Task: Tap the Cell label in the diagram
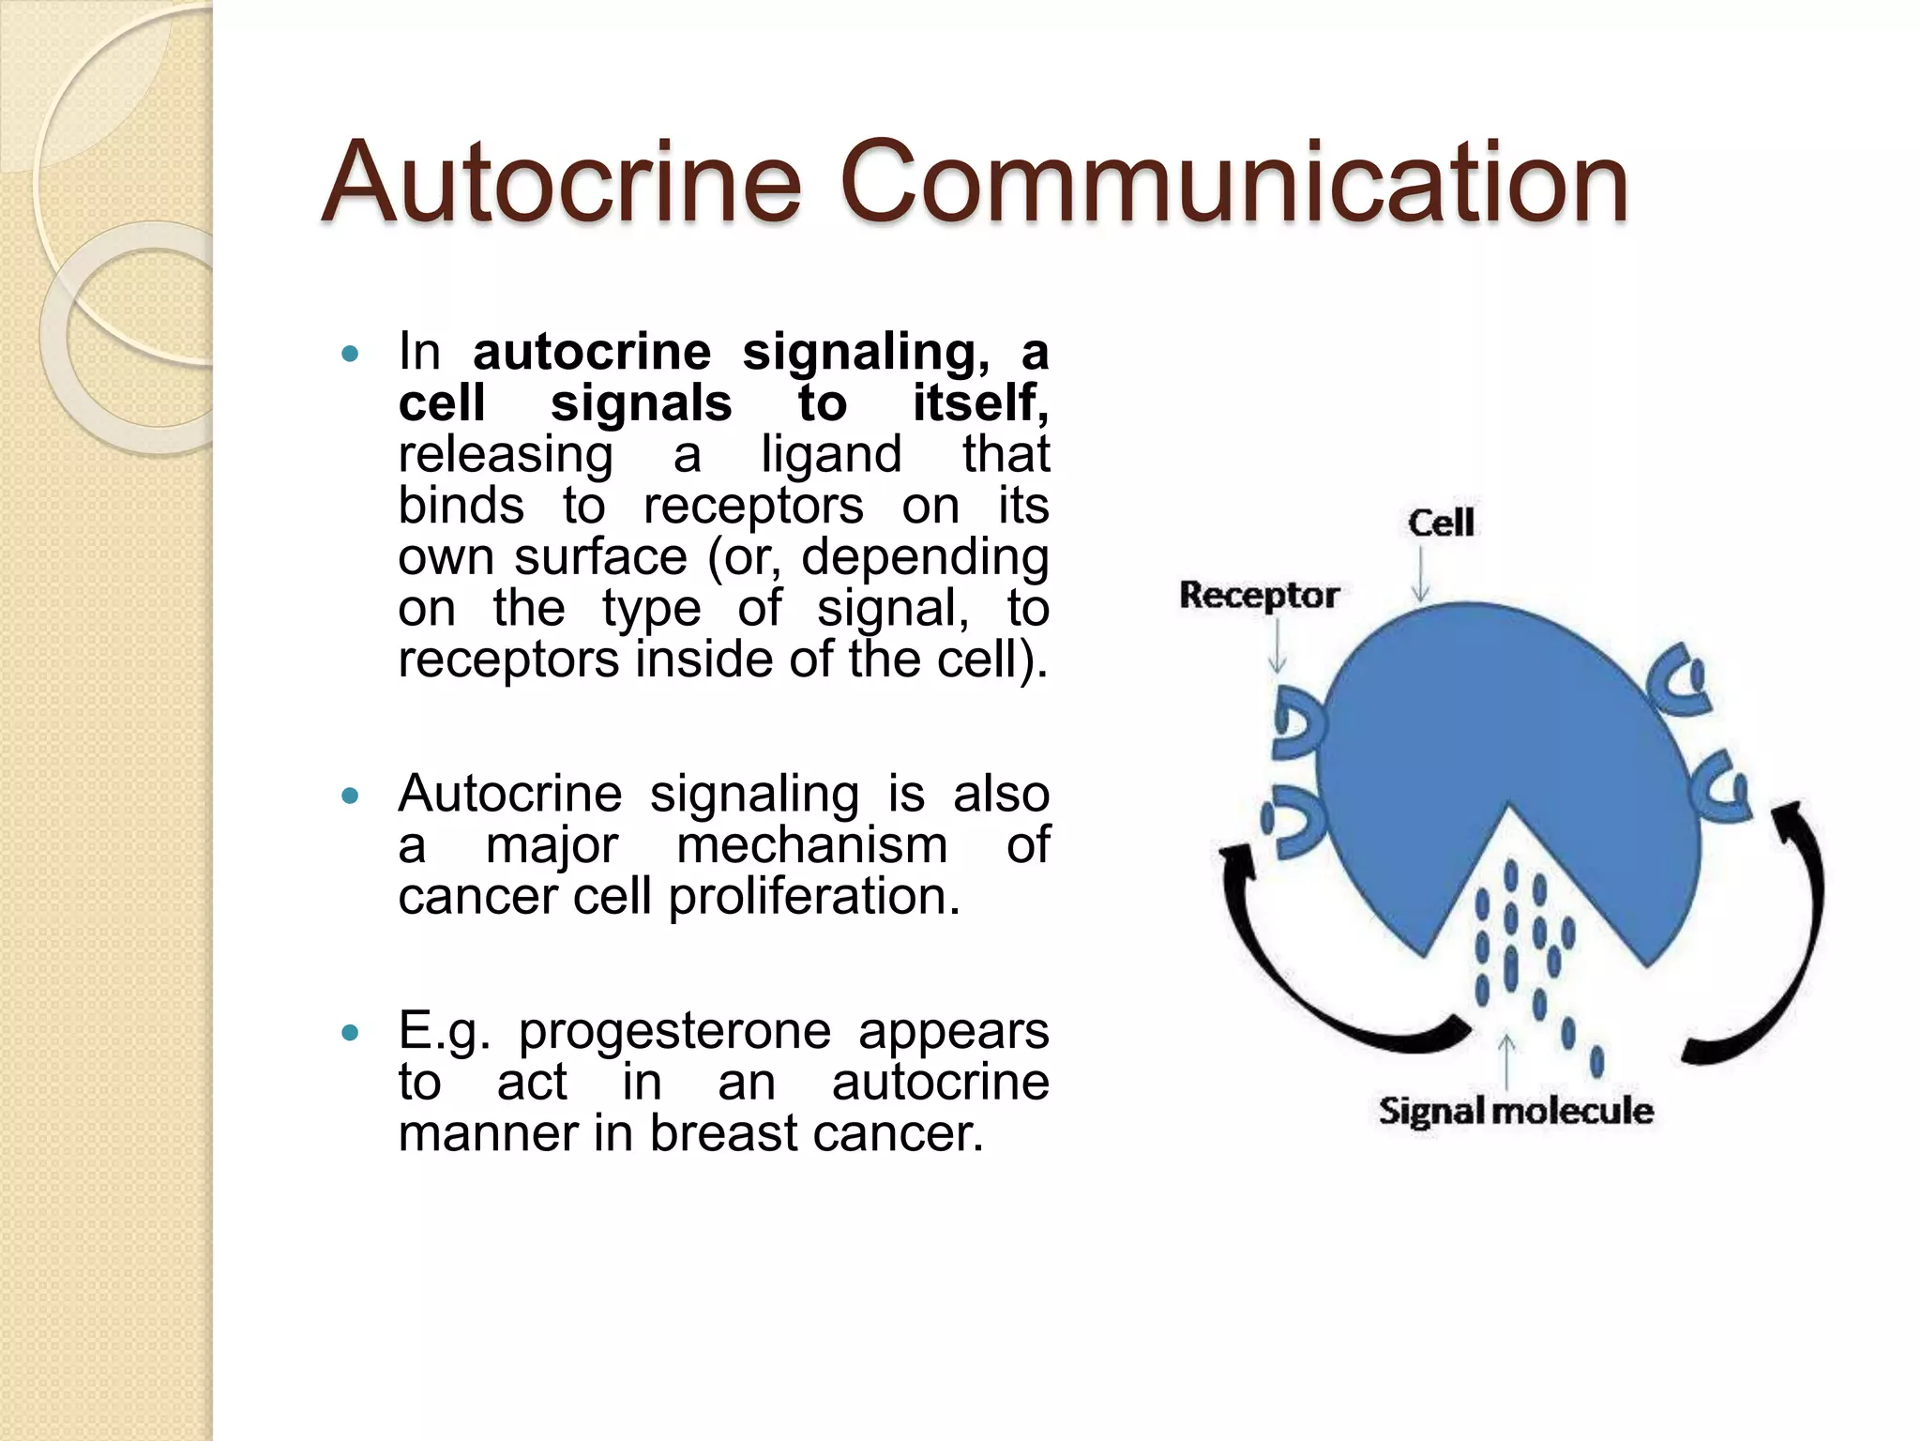[x=1441, y=523]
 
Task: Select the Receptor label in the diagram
[x=1258, y=595]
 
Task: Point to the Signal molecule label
[x=1515, y=1111]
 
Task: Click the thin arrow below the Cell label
[x=1421, y=574]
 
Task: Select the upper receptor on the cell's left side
[x=1299, y=721]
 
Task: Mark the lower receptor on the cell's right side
[x=1722, y=786]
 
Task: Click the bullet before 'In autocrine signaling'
[x=350, y=355]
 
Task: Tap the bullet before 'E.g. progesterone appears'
[x=350, y=1034]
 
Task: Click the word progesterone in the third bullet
[x=674, y=1031]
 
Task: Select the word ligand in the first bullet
[x=831, y=455]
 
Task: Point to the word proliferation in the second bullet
[x=814, y=897]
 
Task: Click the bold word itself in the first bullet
[x=980, y=403]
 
